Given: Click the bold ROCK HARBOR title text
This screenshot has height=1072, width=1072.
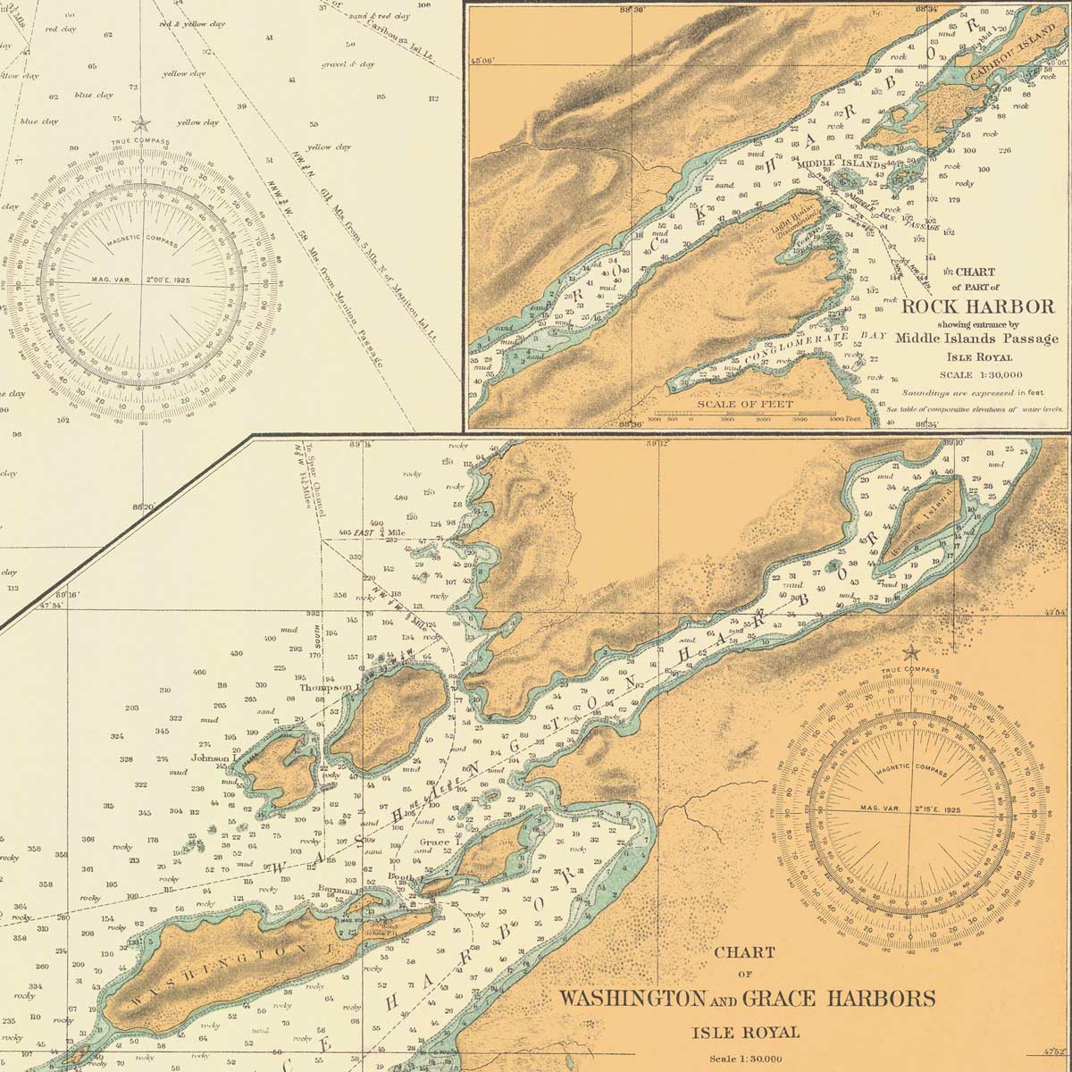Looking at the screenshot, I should tap(978, 306).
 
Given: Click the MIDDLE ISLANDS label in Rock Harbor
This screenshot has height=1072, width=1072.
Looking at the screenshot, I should tap(840, 165).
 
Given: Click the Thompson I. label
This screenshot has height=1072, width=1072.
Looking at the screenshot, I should tap(329, 688).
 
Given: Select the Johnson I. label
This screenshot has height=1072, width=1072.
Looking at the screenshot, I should tap(212, 758).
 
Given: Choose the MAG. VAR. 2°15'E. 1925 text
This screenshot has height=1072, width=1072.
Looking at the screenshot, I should tap(911, 808).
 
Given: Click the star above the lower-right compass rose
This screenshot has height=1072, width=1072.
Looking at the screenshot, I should tap(910, 652).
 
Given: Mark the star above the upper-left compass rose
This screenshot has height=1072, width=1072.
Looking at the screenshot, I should tap(140, 122).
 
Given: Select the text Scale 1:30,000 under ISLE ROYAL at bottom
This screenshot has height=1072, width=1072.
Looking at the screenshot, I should tap(743, 1059).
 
